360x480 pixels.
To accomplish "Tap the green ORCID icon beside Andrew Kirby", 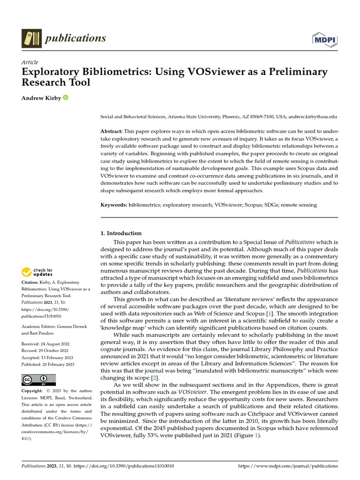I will [x=65, y=98].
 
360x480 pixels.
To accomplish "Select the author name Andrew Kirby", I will [x=41, y=98].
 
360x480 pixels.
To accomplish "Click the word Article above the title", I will [x=30, y=62].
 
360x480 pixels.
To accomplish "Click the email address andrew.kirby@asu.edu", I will [x=312, y=117].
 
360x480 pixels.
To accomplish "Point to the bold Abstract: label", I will [x=112, y=131].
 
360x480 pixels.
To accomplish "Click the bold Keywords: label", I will [x=114, y=205].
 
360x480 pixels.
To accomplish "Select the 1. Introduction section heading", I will [x=121, y=233].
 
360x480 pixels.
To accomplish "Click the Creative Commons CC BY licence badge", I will [x=39, y=380].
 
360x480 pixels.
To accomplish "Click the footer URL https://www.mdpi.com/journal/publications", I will [x=288, y=466].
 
